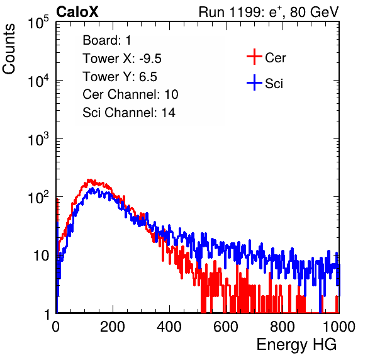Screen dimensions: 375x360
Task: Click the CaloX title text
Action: click(77, 12)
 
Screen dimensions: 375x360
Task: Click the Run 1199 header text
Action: click(269, 12)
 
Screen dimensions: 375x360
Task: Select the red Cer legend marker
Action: click(254, 57)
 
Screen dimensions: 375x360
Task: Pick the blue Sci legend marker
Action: click(254, 83)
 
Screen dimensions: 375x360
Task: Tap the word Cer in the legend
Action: click(275, 58)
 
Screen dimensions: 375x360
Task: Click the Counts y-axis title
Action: click(9, 49)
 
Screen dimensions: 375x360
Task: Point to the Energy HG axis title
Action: click(296, 344)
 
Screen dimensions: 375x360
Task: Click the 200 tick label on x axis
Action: click(113, 326)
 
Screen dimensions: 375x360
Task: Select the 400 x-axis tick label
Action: click(169, 326)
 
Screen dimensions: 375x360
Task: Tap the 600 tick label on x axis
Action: click(226, 326)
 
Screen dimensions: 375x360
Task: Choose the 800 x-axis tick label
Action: click(283, 326)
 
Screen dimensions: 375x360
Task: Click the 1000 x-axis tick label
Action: click(339, 326)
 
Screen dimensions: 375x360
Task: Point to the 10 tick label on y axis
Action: click(41, 256)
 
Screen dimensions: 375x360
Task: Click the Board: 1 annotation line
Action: click(107, 40)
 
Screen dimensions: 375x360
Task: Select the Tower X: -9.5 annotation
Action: click(122, 59)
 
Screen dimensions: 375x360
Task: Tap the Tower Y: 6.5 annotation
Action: click(120, 77)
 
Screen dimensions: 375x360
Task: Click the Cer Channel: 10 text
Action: click(130, 94)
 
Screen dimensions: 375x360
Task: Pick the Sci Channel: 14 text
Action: click(129, 113)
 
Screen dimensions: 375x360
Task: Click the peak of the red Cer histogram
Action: click(89, 179)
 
